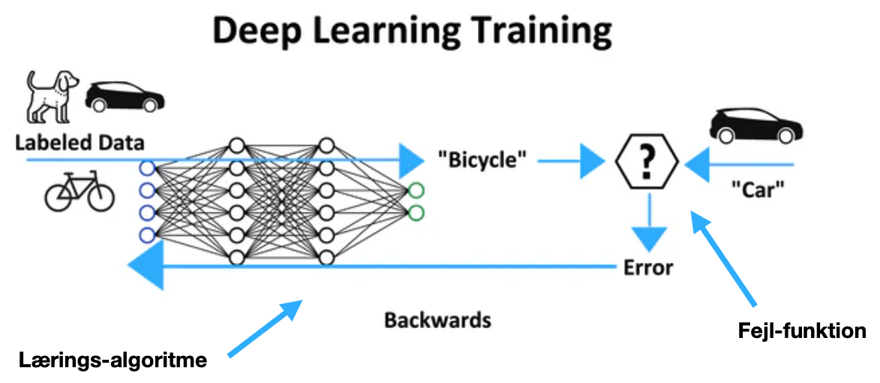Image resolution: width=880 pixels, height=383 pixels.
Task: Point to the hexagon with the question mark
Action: tap(647, 159)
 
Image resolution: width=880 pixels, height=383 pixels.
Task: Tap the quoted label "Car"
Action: tap(757, 191)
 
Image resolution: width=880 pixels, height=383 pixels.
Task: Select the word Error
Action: tap(648, 267)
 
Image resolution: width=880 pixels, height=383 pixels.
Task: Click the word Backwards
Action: tap(438, 321)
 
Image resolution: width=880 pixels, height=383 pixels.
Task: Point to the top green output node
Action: tap(415, 191)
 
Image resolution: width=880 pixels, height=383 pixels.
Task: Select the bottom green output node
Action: tap(415, 213)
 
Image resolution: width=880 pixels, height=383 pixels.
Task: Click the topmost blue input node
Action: tap(147, 167)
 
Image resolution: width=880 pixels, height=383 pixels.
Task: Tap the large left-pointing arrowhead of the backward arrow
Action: tap(146, 267)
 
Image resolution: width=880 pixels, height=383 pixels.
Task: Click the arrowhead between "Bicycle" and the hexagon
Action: tap(593, 159)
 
